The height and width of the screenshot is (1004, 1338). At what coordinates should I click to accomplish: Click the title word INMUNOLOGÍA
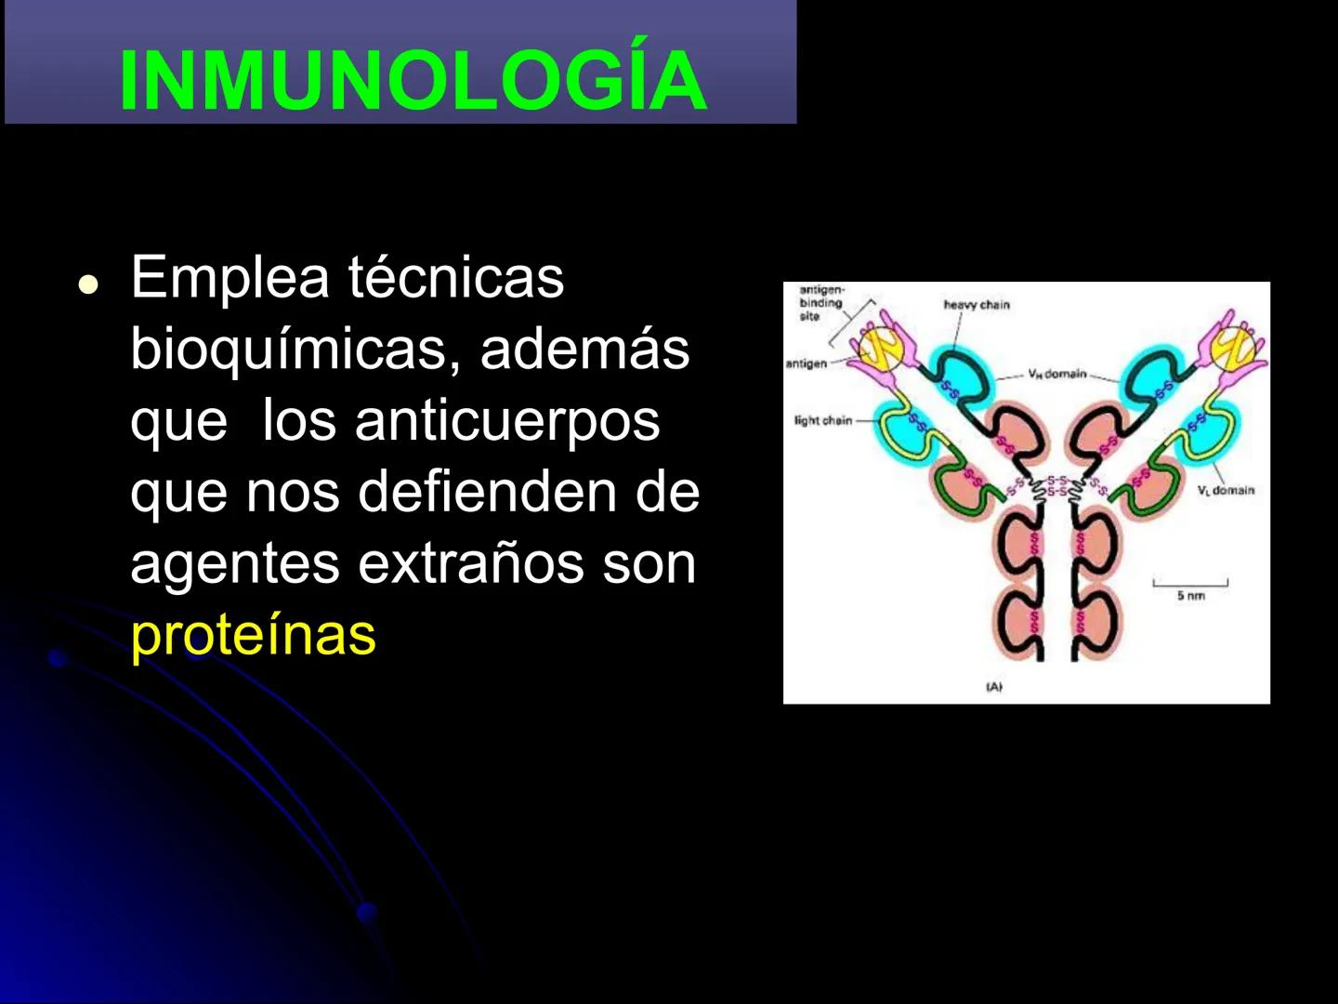click(x=413, y=81)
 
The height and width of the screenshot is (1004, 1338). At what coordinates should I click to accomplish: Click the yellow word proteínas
click(x=253, y=635)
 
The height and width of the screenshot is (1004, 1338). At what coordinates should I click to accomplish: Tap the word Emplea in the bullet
click(x=230, y=277)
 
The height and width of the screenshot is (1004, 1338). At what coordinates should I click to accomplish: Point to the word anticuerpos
click(x=507, y=420)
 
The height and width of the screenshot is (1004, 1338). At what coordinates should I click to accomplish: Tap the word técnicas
click(x=455, y=277)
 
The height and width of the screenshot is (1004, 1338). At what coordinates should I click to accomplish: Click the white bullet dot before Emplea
click(x=88, y=284)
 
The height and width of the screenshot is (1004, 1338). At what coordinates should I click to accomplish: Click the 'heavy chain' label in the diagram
click(x=976, y=305)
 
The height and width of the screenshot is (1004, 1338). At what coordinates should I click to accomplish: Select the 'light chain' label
click(x=822, y=420)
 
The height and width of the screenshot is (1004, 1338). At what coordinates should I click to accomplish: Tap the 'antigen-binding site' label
click(x=820, y=303)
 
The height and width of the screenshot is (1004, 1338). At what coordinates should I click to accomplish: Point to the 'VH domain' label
click(x=1056, y=374)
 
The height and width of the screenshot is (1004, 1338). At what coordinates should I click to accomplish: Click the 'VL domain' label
click(x=1226, y=490)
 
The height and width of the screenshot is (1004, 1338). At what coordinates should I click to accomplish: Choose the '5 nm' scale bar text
click(x=1190, y=596)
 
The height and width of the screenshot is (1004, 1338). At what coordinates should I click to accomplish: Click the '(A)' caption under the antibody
click(x=994, y=687)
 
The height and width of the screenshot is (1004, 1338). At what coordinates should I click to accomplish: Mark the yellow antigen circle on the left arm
click(x=879, y=348)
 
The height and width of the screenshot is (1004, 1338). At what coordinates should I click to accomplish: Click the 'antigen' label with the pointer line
click(x=806, y=363)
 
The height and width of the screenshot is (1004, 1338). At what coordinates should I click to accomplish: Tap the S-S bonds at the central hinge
click(x=1057, y=485)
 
